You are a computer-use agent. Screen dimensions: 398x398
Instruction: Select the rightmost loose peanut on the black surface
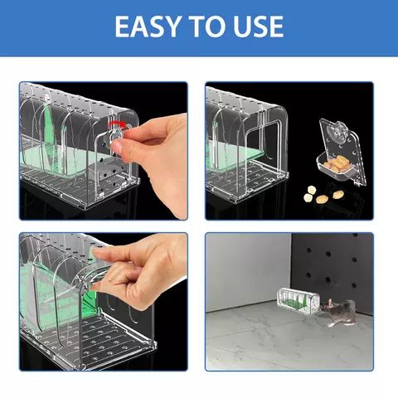coord(338,195)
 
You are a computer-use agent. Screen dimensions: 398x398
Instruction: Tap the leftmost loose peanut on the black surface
coord(308,197)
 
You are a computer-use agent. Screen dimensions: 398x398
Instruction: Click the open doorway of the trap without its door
coord(262,149)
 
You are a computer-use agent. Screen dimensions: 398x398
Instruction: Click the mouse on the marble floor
coord(337,311)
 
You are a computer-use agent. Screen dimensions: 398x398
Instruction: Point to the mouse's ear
coord(330,302)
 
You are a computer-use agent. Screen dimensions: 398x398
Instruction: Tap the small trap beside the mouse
coord(298,301)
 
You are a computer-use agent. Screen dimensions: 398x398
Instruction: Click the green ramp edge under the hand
coord(92,304)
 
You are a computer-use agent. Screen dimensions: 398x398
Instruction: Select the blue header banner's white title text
coord(199,26)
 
